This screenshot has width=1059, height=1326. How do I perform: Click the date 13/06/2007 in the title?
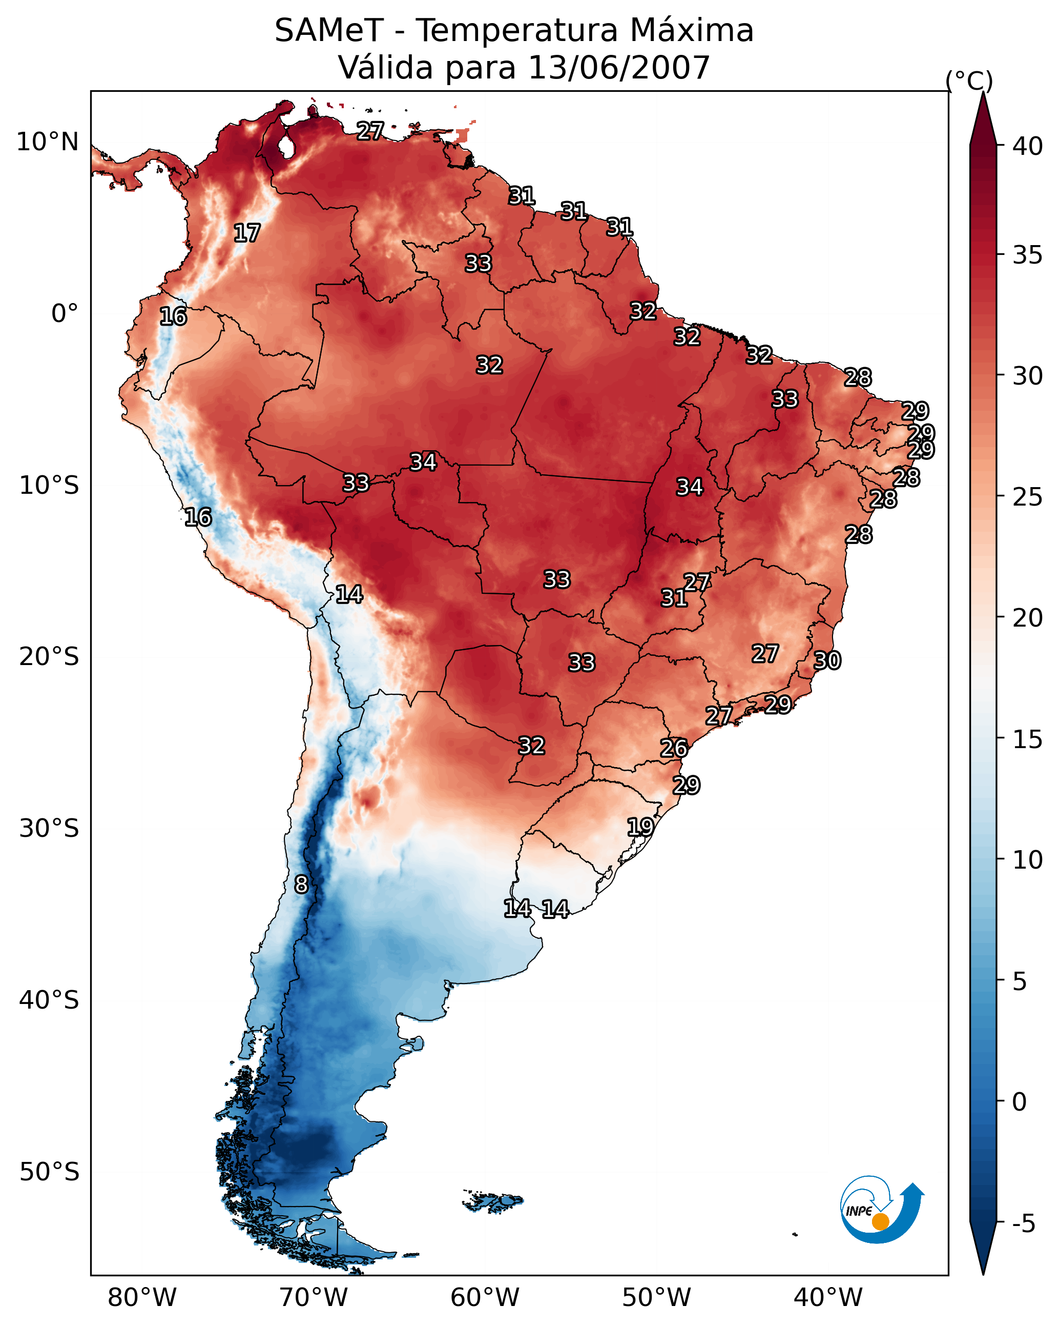(x=618, y=68)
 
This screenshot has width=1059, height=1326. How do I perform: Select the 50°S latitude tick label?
(x=49, y=1172)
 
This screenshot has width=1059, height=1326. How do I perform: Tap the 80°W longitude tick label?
(x=142, y=1298)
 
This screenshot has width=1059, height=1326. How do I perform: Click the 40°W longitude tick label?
(x=828, y=1298)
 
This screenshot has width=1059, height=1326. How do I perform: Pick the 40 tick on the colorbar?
(x=1028, y=146)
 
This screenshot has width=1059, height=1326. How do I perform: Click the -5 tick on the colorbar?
(x=1023, y=1224)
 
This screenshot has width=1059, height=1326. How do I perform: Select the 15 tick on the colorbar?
(x=1028, y=740)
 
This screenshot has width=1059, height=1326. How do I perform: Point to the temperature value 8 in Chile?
(x=301, y=885)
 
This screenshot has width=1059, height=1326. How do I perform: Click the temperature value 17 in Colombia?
(x=247, y=233)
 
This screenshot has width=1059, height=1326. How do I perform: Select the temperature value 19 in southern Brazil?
(x=640, y=827)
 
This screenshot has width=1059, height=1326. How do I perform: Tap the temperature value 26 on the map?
(x=674, y=749)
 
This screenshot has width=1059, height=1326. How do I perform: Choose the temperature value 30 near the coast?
(x=827, y=660)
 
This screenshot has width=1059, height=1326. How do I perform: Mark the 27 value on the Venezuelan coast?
(x=370, y=131)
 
